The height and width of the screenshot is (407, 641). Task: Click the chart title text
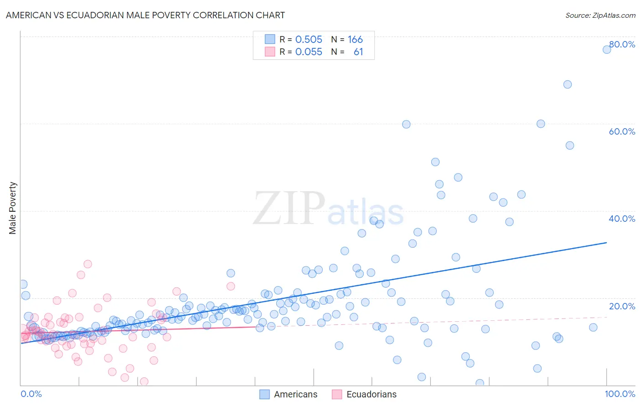(145, 15)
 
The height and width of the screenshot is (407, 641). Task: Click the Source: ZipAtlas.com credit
(600, 15)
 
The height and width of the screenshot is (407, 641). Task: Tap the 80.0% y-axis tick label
(622, 44)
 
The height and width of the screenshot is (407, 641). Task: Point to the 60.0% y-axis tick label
(622, 131)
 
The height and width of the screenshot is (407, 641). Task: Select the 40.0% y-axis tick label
(622, 219)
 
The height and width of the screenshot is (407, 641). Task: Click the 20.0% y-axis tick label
(622, 306)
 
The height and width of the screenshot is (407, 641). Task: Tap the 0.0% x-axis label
(31, 394)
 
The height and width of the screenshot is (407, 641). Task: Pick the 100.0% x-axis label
(620, 394)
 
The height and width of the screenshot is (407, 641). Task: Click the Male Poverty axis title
(13, 208)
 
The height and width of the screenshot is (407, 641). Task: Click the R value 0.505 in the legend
(309, 40)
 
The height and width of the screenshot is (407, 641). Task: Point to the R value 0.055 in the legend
(309, 52)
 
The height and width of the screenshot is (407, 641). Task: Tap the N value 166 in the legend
(355, 40)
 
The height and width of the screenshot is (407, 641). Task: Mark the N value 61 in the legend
(358, 52)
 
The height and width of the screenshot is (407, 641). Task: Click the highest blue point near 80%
(607, 49)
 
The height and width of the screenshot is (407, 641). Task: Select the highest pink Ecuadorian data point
(88, 264)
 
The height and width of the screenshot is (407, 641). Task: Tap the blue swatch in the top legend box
(270, 39)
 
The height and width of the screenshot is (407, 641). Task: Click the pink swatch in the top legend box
(270, 52)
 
